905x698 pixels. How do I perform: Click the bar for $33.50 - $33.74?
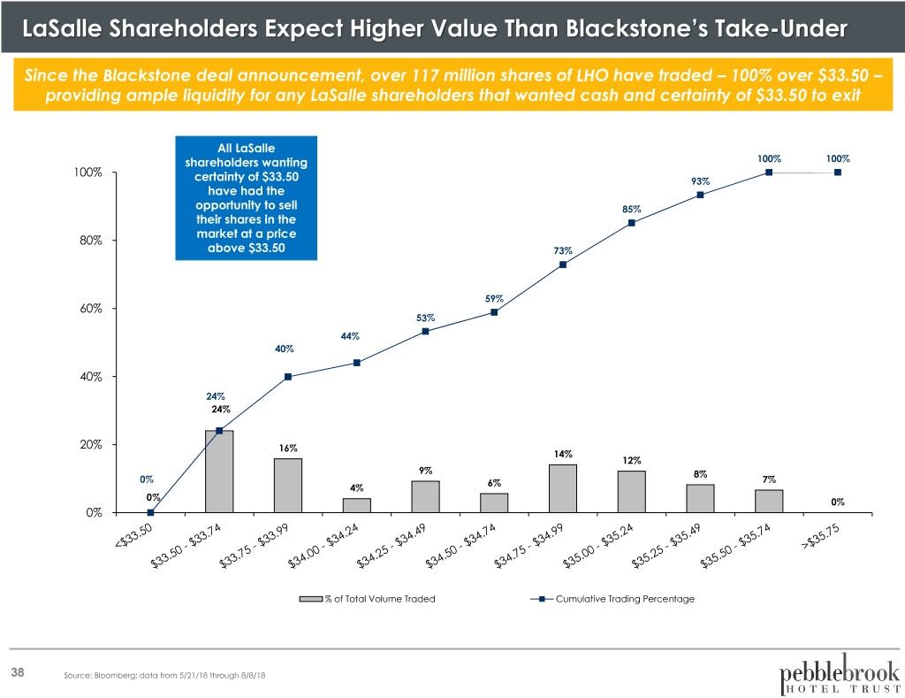click(219, 472)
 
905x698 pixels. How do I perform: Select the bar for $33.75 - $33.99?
click(288, 485)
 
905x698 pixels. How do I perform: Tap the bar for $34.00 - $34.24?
click(357, 505)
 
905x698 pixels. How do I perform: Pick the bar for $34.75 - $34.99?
click(563, 488)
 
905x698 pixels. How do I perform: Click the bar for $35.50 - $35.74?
click(769, 501)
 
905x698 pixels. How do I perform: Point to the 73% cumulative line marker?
click(563, 265)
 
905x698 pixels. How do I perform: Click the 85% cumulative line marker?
click(632, 223)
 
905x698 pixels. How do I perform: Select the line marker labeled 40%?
click(288, 377)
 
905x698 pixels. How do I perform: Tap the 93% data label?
click(700, 182)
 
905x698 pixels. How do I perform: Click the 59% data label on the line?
click(494, 299)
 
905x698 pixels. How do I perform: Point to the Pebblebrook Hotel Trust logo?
click(840, 673)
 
